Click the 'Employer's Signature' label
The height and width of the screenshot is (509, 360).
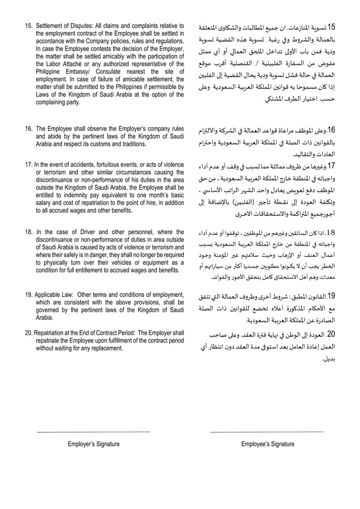click(x=94, y=444)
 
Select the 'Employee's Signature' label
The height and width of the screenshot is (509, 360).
click(x=267, y=444)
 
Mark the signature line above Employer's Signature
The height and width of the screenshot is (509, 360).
click(x=94, y=431)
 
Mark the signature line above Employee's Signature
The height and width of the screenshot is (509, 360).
click(x=267, y=431)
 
